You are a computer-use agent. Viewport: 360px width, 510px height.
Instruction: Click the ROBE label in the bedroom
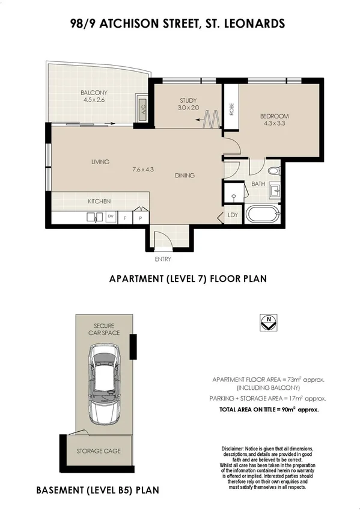(x=231, y=110)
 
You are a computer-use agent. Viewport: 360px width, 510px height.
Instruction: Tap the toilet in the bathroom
(x=273, y=170)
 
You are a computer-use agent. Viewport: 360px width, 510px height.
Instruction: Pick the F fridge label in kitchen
(x=126, y=218)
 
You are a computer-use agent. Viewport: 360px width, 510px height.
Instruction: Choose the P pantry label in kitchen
(x=140, y=218)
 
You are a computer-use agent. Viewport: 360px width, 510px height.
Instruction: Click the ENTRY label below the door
(x=163, y=259)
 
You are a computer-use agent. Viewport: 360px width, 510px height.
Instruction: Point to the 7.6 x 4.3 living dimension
(x=143, y=169)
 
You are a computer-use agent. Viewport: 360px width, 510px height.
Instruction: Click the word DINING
(x=185, y=176)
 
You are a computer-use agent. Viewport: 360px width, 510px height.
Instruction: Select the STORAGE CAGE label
(x=99, y=450)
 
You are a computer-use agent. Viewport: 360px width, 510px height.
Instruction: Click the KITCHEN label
(x=99, y=201)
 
